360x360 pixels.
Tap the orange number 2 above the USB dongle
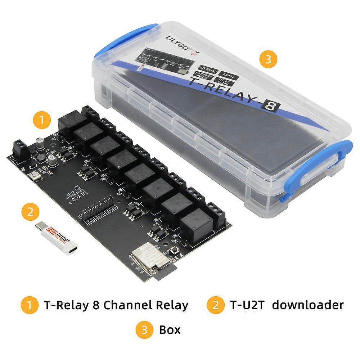pyautogui.click(x=31, y=211)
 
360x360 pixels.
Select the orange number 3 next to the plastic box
pyautogui.click(x=268, y=59)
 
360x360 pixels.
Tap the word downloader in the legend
pyautogui.click(x=307, y=305)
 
